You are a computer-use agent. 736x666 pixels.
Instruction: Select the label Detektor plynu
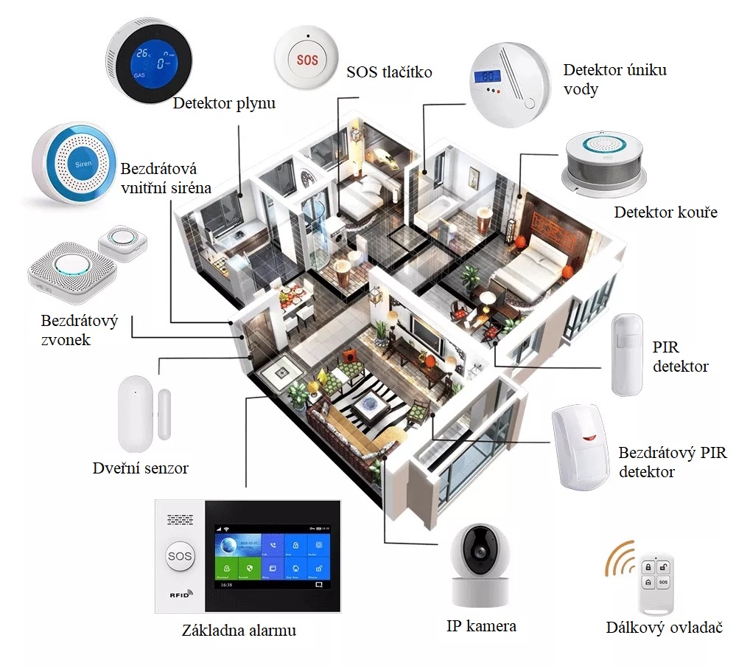tap(224, 103)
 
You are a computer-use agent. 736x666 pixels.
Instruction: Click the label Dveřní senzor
tap(141, 468)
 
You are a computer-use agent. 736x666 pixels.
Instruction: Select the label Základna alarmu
tap(239, 631)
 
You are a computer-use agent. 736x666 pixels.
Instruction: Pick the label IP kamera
tap(481, 627)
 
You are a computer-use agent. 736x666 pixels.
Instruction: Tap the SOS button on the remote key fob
tap(662, 582)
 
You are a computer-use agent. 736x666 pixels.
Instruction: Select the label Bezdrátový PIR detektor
tap(671, 462)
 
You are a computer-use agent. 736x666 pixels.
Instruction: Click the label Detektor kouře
tap(665, 213)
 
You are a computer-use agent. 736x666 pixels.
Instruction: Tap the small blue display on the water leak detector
tap(486, 76)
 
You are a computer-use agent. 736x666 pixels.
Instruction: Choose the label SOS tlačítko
tap(389, 72)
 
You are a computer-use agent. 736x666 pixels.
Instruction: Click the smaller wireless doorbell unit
tap(123, 238)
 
